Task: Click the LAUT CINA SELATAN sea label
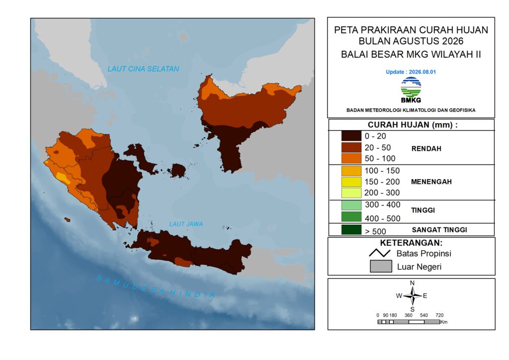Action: pos(143,69)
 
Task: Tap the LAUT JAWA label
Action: pos(186,224)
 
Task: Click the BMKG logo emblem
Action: pos(411,88)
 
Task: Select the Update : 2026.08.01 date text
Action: pos(411,72)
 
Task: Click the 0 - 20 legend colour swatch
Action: pos(351,136)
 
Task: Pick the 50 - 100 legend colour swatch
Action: pos(351,159)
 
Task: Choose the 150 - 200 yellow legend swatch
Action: pos(351,182)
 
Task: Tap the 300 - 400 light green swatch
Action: pos(351,205)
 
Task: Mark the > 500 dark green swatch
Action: pos(351,230)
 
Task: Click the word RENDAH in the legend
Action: pos(426,149)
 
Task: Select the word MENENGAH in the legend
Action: pos(431,182)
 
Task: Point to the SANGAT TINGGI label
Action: pos(439,230)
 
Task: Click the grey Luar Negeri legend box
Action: pos(381,266)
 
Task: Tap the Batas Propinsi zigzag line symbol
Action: pos(379,253)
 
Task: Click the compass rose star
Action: pos(412,296)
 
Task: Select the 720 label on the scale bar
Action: pos(439,315)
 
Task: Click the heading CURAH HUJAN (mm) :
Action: pos(413,125)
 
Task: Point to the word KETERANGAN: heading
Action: pos(411,243)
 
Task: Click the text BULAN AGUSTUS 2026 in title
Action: pos(411,41)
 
